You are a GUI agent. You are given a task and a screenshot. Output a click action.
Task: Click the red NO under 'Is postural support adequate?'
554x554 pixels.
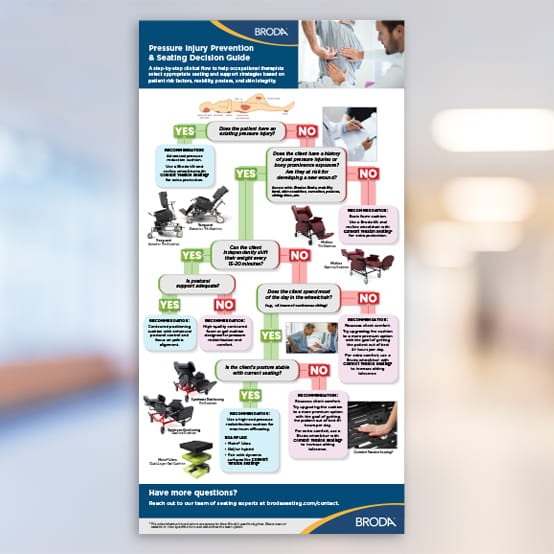(x=224, y=304)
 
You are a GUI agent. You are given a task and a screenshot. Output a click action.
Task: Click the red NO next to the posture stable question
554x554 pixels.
(x=319, y=372)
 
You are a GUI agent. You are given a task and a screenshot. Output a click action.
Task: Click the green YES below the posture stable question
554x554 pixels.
(x=249, y=395)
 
